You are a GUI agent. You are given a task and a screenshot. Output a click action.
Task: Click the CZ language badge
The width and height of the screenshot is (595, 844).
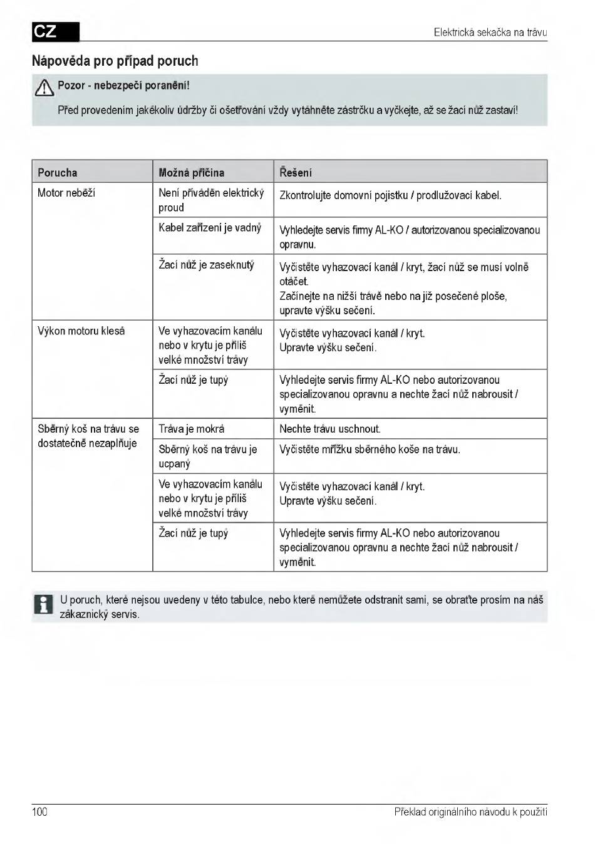pos(56,31)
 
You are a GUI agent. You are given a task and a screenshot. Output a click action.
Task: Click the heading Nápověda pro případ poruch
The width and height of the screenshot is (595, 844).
pos(115,61)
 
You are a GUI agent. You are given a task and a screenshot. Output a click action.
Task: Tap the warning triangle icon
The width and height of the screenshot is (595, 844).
pos(44,88)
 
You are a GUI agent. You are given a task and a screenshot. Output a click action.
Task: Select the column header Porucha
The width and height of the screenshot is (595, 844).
pos(58,172)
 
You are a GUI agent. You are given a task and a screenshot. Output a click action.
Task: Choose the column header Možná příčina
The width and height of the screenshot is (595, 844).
pos(191,172)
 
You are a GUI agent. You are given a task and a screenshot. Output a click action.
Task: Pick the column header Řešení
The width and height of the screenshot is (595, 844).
pos(296,172)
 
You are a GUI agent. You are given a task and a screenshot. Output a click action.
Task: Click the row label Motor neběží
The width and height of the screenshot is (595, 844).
pos(66,193)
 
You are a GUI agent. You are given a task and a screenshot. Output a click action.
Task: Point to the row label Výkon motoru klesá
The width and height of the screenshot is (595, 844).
pos(81,331)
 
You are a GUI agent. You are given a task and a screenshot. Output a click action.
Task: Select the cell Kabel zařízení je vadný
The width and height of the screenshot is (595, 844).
pos(209,228)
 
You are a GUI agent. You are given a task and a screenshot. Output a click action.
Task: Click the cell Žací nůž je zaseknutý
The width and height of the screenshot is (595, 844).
pos(206,265)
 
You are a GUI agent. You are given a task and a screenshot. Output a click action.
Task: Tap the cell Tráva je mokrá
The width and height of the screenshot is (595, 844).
pos(191,429)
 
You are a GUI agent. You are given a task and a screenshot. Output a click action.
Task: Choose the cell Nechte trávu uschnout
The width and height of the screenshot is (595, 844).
pos(329,429)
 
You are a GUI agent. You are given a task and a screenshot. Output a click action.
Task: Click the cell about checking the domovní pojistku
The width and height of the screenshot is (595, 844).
pos(390,195)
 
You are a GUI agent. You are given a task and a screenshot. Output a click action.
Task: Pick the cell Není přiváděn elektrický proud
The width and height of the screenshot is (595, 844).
pos(210,200)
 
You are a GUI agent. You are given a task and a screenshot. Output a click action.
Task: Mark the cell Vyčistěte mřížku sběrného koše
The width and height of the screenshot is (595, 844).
pos(370,450)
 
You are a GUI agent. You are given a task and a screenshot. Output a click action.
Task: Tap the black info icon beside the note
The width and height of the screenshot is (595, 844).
pos(43,605)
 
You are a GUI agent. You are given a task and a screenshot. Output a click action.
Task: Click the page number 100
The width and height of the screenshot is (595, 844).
pos(39,812)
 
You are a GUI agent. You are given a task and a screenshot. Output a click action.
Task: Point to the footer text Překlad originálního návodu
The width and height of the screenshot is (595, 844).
pos(470,812)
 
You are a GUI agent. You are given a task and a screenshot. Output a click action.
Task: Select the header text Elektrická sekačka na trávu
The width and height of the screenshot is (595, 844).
pos(490,32)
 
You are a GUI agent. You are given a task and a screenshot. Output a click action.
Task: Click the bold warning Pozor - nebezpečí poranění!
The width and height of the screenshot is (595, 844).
pos(123,85)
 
